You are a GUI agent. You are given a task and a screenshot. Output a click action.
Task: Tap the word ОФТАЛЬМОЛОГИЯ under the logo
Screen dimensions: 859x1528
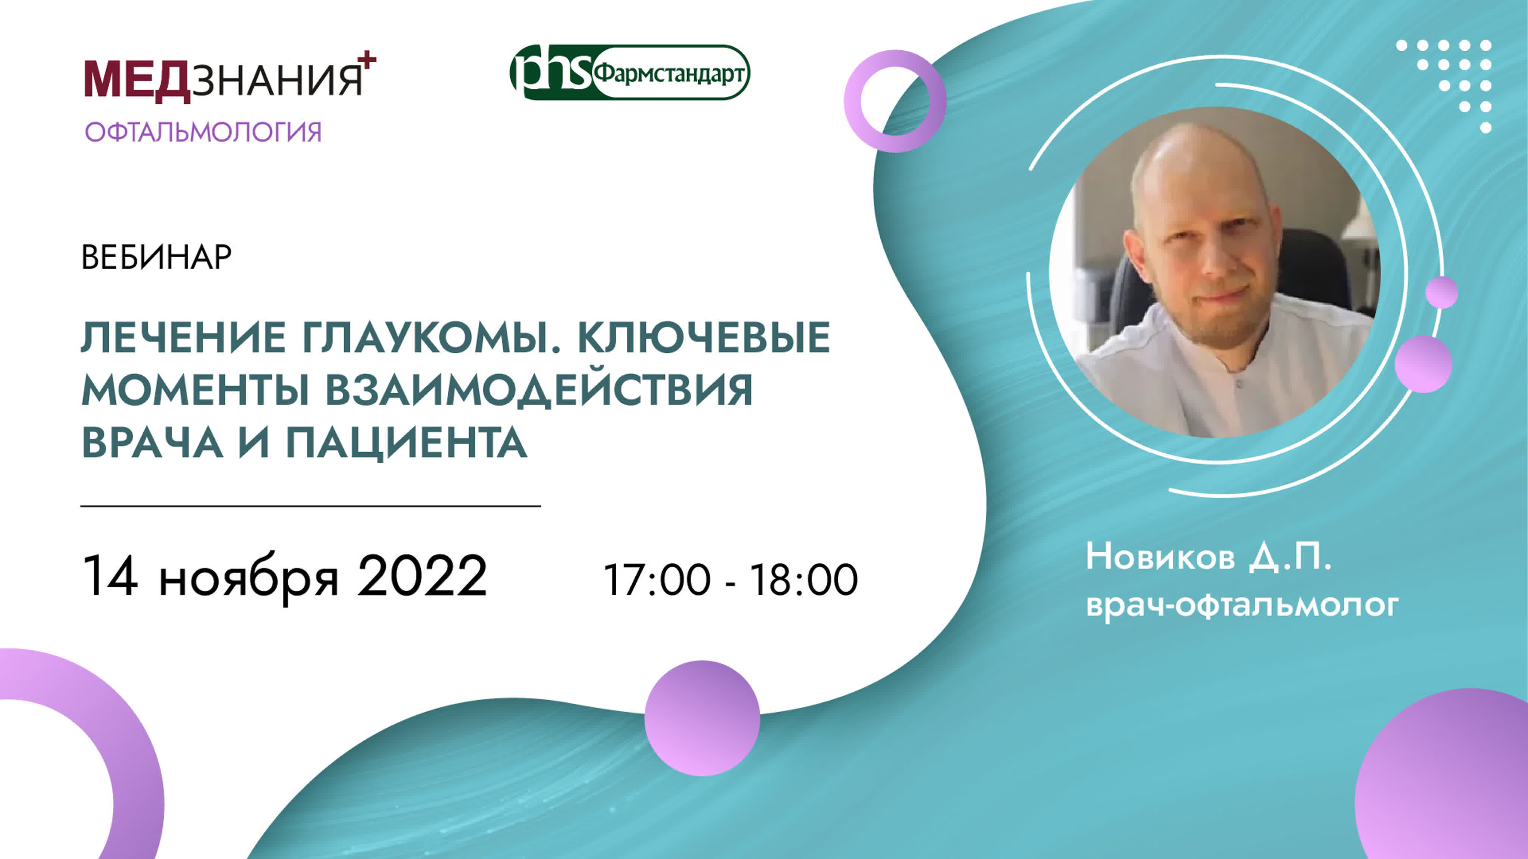(x=203, y=132)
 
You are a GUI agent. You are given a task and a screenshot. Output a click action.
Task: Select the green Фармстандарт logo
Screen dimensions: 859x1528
(x=630, y=72)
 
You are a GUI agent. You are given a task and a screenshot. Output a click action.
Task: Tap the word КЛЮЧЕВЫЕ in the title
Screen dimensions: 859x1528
(x=704, y=337)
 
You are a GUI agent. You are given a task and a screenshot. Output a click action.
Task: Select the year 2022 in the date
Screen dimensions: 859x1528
(x=422, y=576)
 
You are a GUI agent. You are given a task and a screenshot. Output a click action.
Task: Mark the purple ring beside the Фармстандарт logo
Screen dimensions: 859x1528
(x=895, y=101)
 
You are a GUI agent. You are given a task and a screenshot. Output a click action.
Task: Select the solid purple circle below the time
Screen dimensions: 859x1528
(x=702, y=718)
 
